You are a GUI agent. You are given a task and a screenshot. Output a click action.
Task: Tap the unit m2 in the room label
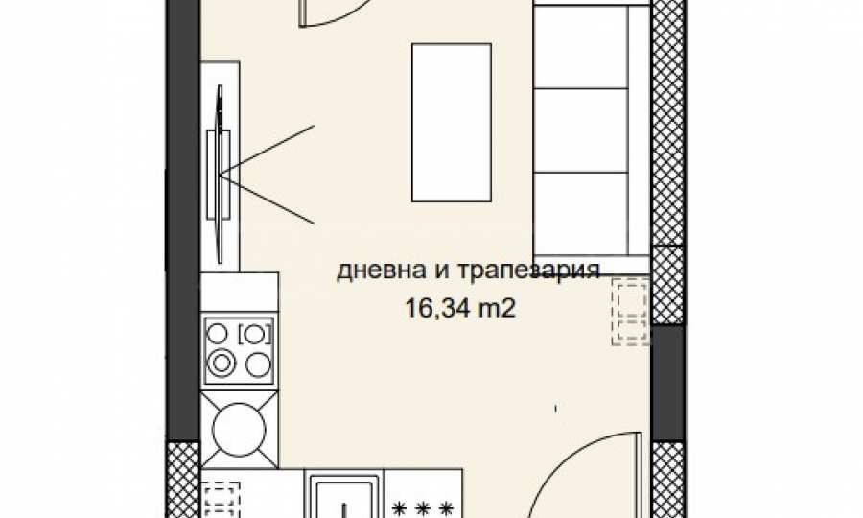[497, 308]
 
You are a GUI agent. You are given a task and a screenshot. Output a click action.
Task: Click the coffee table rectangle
[452, 123]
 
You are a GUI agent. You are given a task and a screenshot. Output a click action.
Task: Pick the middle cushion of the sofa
[581, 129]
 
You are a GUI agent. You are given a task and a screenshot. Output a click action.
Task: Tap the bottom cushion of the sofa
[581, 214]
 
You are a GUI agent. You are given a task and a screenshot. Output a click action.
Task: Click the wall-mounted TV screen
[220, 174]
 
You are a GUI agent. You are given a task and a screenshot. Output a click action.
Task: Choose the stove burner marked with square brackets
[254, 334]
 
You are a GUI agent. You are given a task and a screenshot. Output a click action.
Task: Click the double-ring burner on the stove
[222, 363]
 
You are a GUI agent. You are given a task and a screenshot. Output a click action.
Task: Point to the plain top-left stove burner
[218, 333]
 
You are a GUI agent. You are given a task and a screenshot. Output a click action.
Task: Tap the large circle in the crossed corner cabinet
[239, 430]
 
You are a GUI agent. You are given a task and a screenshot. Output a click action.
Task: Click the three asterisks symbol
[423, 508]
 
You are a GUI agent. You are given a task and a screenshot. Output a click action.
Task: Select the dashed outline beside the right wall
[631, 312]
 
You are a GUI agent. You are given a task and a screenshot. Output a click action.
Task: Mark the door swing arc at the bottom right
[572, 468]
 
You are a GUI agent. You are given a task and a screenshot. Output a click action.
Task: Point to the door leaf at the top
[302, 12]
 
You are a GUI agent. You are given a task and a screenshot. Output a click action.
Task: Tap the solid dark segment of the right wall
[668, 383]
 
